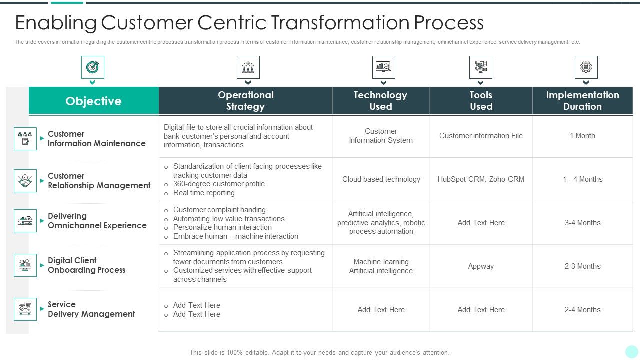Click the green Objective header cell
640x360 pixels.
[x=94, y=101]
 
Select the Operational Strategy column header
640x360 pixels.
[x=245, y=100]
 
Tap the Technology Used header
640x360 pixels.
[x=380, y=100]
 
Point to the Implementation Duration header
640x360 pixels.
[x=582, y=100]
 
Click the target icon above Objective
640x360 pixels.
[x=92, y=67]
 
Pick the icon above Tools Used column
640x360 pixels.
[x=480, y=67]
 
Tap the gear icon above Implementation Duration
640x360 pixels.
[x=586, y=67]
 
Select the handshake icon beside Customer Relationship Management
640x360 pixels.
[x=25, y=181]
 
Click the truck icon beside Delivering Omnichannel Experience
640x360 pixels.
[x=25, y=221]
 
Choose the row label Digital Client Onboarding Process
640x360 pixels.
[x=86, y=265]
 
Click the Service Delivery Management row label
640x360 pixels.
[x=91, y=309]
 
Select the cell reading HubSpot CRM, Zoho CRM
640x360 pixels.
[x=481, y=179]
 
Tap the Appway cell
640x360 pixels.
[x=481, y=266]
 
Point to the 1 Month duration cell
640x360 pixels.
[x=582, y=136]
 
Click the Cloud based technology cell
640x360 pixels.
[x=381, y=179]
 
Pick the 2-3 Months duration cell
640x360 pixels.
[x=582, y=266]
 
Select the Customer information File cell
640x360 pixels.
[x=481, y=136]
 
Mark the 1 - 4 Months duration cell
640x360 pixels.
[x=582, y=179]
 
